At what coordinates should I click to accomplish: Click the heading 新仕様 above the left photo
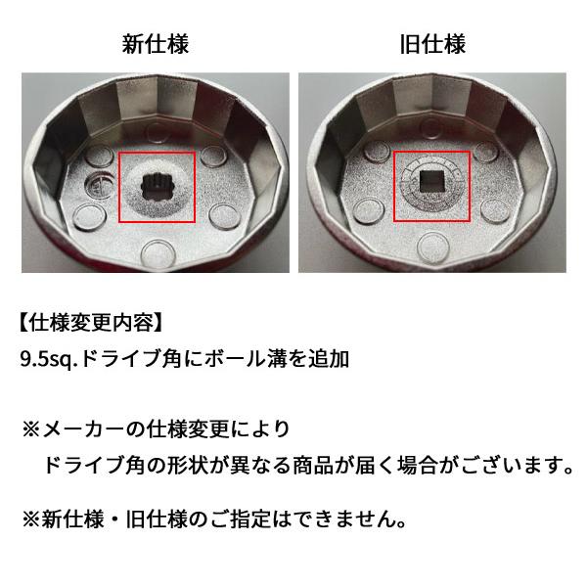click(x=156, y=44)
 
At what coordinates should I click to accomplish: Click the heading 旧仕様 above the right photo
click(x=432, y=44)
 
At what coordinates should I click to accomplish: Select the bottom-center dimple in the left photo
click(x=155, y=249)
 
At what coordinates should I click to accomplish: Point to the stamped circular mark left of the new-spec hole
click(x=101, y=183)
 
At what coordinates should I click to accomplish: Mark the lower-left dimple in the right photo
click(x=368, y=208)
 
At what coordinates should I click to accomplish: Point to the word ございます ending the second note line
click(x=513, y=463)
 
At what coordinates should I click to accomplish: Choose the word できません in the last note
click(x=349, y=518)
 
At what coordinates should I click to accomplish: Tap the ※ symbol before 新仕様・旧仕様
click(x=30, y=518)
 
